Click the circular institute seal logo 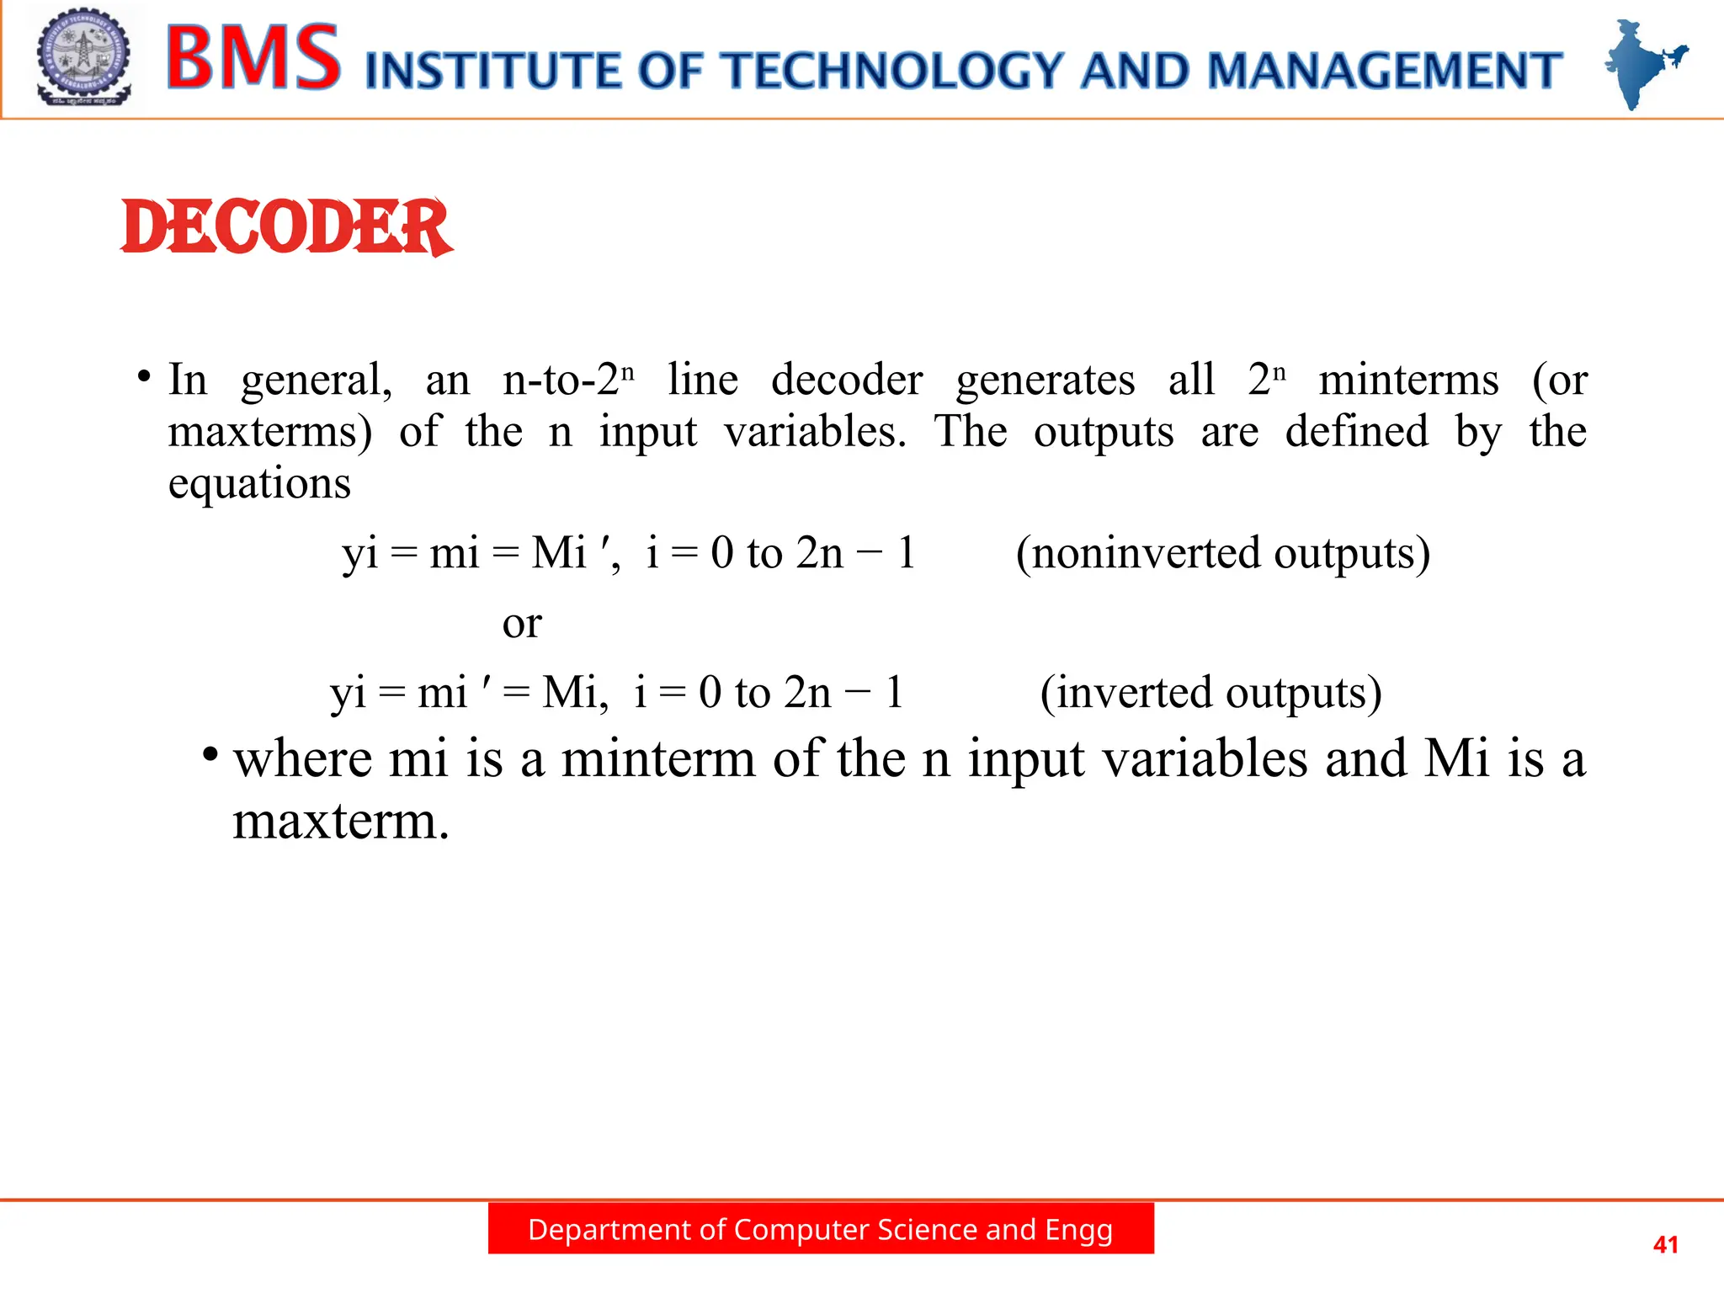click(83, 57)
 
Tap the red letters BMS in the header click(253, 57)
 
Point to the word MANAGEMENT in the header click(1385, 71)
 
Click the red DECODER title click(286, 227)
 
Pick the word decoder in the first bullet click(847, 380)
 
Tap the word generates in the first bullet click(1045, 380)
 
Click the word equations click(259, 484)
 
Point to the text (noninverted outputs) click(1222, 554)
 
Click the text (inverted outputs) click(1211, 693)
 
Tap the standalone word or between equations click(522, 624)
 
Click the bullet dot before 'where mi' click(210, 752)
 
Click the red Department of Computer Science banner click(821, 1229)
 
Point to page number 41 click(1665, 1244)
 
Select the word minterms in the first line click(1408, 380)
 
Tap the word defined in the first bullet click(1356, 432)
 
